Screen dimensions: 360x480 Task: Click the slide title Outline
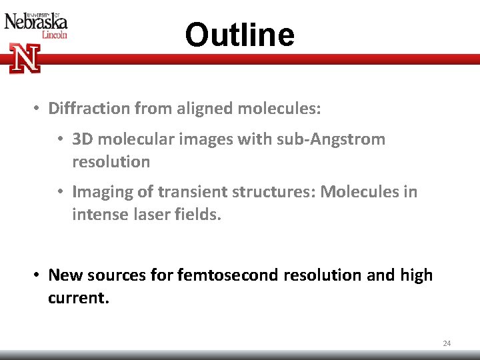tap(239, 35)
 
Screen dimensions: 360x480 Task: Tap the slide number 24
tap(447, 343)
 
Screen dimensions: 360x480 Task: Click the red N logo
tap(25, 58)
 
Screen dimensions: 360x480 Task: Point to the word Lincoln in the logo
tap(54, 35)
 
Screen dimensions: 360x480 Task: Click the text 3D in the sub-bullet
tap(82, 139)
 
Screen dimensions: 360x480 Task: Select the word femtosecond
tap(228, 275)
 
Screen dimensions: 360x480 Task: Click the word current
tap(77, 297)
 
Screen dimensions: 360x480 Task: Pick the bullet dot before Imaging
tap(61, 193)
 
